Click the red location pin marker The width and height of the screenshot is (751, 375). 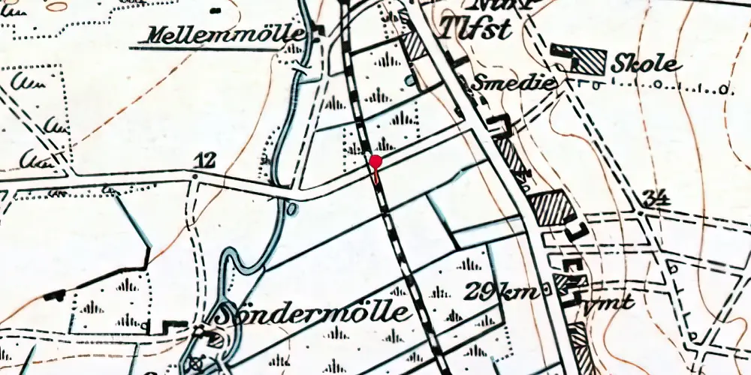pos(375,161)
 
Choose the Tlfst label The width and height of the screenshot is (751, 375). pos(478,31)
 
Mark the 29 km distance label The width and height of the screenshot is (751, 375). pos(502,291)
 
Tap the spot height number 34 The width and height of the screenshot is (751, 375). pos(656,198)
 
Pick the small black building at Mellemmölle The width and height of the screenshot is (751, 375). pos(318,31)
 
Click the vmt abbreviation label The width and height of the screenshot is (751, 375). pos(608,303)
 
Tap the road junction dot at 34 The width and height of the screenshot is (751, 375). pos(640,212)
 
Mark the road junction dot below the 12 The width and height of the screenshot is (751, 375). pos(195,176)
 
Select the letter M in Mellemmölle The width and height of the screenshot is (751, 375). pos(160,36)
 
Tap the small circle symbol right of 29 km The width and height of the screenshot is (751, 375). pos(546,293)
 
